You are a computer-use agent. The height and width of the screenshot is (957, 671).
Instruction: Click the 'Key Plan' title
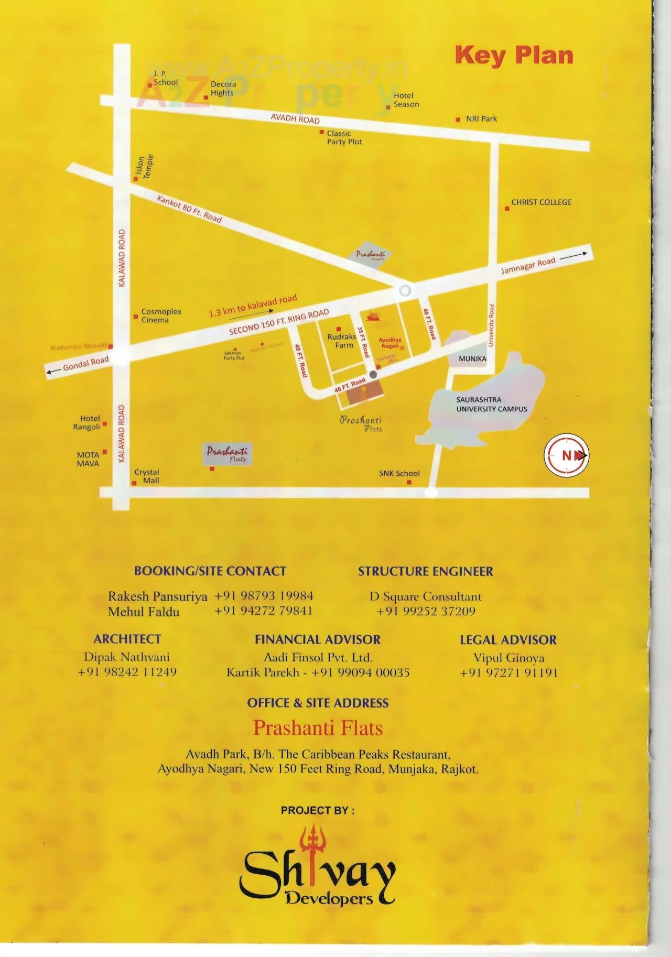pyautogui.click(x=514, y=55)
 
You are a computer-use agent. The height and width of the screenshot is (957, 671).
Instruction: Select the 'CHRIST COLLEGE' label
pyautogui.click(x=541, y=202)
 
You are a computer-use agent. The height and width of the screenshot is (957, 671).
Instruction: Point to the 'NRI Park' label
pyautogui.click(x=481, y=119)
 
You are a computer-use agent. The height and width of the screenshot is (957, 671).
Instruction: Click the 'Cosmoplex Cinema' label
pyautogui.click(x=161, y=316)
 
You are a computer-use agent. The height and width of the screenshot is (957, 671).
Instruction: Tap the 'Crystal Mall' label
pyautogui.click(x=147, y=476)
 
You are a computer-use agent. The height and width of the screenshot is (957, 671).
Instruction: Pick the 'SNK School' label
pyautogui.click(x=399, y=473)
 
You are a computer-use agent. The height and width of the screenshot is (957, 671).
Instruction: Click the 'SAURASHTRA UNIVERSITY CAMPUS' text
pyautogui.click(x=491, y=404)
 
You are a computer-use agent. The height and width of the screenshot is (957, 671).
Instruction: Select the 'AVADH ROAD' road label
pyautogui.click(x=295, y=119)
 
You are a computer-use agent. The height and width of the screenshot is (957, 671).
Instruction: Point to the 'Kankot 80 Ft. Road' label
pyautogui.click(x=189, y=208)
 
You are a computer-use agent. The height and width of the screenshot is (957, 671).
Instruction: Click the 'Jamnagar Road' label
pyautogui.click(x=528, y=266)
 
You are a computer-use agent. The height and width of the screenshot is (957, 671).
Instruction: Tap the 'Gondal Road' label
pyautogui.click(x=85, y=363)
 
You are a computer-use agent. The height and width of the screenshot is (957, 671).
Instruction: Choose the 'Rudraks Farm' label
pyautogui.click(x=342, y=341)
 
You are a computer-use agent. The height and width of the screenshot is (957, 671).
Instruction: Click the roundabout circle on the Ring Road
pyautogui.click(x=405, y=290)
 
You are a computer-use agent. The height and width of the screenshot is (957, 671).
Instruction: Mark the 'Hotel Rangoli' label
pyautogui.click(x=86, y=422)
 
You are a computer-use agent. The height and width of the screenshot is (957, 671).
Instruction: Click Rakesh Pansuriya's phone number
pyautogui.click(x=264, y=596)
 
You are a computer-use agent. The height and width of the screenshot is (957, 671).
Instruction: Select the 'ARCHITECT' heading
pyautogui.click(x=127, y=639)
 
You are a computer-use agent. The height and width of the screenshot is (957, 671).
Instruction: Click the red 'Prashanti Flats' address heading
pyautogui.click(x=318, y=728)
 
